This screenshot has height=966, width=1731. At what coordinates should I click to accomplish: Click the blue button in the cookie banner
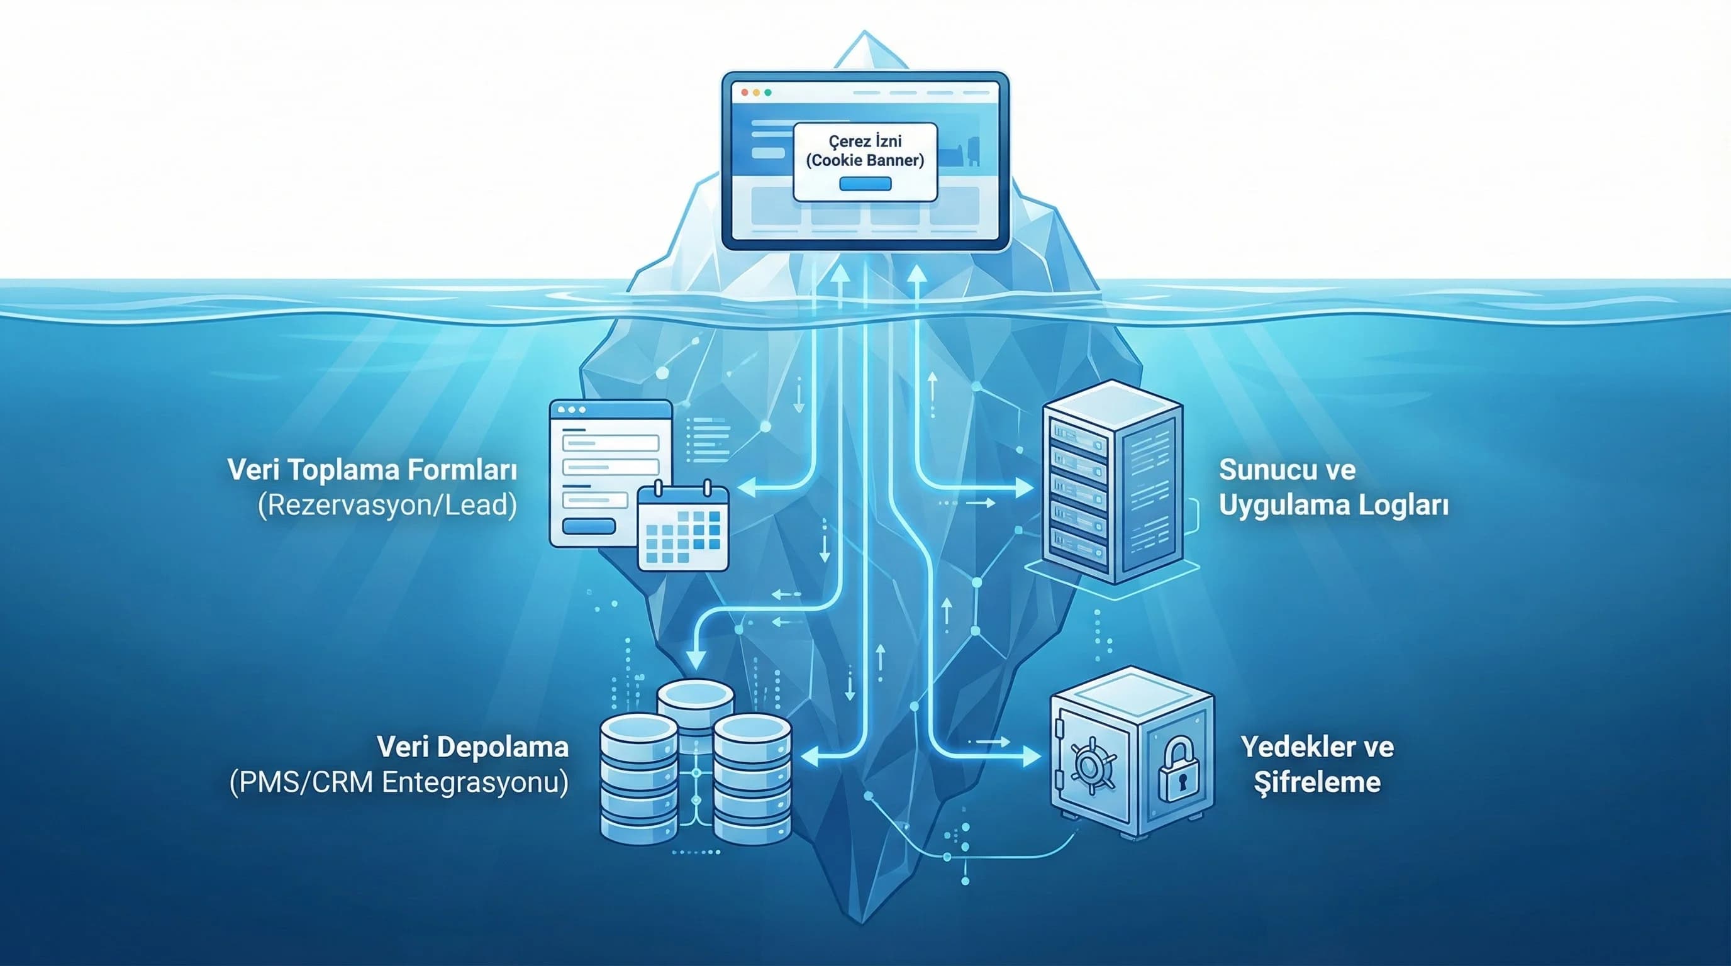pos(865,184)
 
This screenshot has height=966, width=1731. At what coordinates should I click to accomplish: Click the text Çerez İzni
pos(865,141)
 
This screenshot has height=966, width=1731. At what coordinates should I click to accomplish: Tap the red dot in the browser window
pos(745,92)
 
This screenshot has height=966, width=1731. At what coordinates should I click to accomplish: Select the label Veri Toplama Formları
pos(372,470)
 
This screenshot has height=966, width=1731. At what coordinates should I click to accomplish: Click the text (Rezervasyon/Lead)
pos(387,505)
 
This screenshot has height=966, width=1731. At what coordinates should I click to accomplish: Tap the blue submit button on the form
pos(589,526)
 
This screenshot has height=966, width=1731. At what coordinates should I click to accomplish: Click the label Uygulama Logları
pos(1333,505)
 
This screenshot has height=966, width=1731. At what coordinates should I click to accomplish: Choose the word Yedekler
pos(1297,747)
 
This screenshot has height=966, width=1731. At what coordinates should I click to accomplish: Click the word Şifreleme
pos(1317,782)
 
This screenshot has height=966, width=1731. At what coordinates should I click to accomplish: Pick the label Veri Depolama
pos(472,747)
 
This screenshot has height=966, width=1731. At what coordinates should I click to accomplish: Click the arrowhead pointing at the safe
pos(1032,757)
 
